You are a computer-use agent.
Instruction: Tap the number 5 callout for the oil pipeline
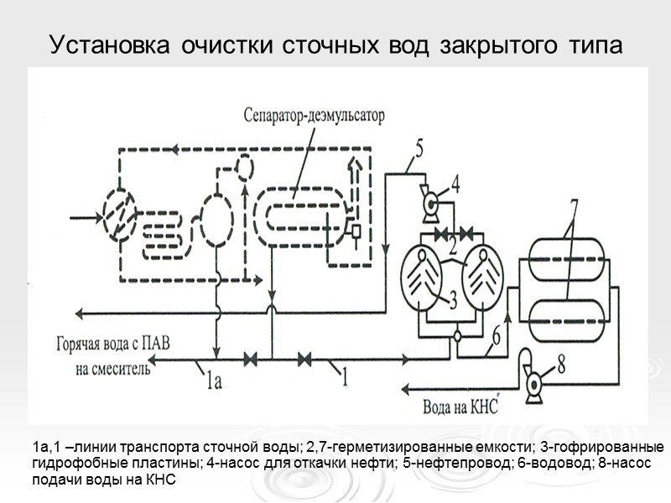[419, 150]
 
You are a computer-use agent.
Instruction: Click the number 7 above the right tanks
[574, 206]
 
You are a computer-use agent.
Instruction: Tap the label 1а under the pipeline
[214, 384]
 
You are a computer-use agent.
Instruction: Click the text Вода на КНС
[453, 408]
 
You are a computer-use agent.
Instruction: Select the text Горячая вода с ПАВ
[121, 345]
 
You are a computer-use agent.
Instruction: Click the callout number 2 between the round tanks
[451, 246]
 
